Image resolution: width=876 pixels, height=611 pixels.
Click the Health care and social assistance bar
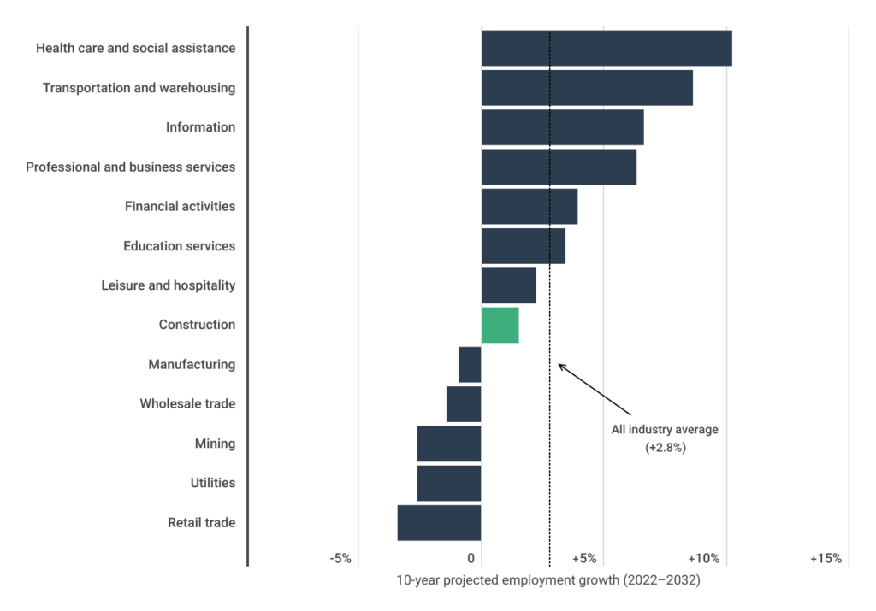[x=607, y=48]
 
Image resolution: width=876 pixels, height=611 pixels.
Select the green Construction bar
[x=500, y=325]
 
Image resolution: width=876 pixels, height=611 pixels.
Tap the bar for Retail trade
[x=439, y=523]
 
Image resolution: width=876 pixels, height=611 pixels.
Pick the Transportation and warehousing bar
[x=587, y=88]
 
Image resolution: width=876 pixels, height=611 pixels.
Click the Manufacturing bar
[x=470, y=365]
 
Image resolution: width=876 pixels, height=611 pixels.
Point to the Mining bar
[x=448, y=444]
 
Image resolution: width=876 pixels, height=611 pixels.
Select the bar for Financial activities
[x=530, y=207]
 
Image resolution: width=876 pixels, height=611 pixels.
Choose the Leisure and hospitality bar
[x=509, y=285]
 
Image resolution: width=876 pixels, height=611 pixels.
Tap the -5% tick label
[x=340, y=558]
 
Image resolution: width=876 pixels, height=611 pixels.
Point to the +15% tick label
[x=826, y=558]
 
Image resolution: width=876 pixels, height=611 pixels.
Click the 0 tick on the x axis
[x=471, y=558]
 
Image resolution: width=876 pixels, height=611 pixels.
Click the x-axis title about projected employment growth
[x=547, y=581]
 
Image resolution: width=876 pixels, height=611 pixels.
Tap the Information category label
[x=200, y=127]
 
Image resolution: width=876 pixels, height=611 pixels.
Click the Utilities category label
[x=212, y=484]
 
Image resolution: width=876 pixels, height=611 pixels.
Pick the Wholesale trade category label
[x=187, y=404]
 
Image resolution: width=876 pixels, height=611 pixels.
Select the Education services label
[x=179, y=246]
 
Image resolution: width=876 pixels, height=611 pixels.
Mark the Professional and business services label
[x=130, y=167]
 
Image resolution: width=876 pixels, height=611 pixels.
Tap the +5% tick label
[x=583, y=558]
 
